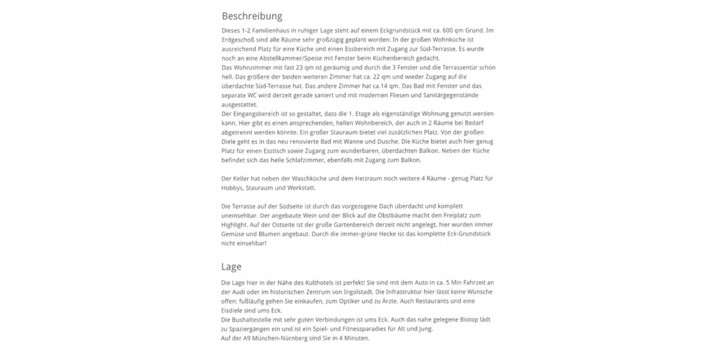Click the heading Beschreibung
[x=252, y=16]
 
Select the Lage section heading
[x=232, y=266]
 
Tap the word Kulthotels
[x=336, y=283]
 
